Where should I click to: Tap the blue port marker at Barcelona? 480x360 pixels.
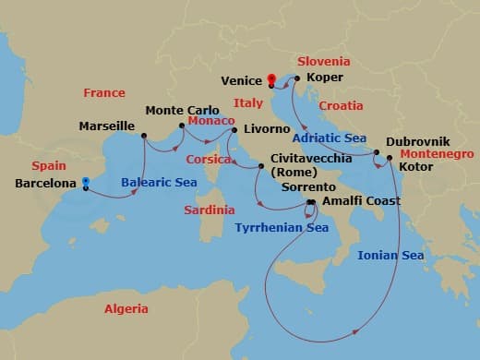[x=86, y=182]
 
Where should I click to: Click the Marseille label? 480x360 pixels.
[x=107, y=126]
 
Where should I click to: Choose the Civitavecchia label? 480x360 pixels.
[x=298, y=158]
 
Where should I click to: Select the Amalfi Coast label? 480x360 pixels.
[x=361, y=201]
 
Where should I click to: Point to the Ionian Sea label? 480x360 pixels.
[x=390, y=255]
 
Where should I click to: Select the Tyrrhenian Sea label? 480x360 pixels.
[x=282, y=227]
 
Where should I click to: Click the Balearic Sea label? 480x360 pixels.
[x=158, y=182]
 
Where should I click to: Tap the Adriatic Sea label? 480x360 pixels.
[x=330, y=138]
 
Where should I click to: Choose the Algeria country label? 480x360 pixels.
[x=126, y=309]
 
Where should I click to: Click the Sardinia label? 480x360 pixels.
[x=210, y=210]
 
